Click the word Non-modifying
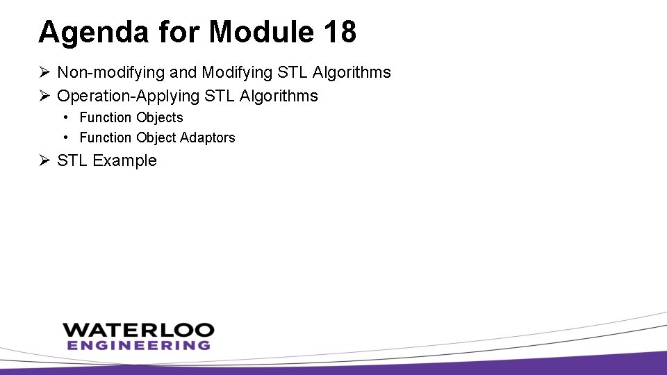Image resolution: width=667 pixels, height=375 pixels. [112, 72]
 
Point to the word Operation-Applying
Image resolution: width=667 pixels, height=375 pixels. [126, 96]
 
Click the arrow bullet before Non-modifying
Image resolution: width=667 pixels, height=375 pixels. [44, 72]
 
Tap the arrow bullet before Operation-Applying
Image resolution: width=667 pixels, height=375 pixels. [44, 96]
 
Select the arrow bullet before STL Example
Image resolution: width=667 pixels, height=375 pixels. [44, 160]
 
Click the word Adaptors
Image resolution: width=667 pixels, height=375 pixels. [207, 137]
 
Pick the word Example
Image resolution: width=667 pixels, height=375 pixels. [125, 160]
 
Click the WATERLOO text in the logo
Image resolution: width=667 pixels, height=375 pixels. [138, 330]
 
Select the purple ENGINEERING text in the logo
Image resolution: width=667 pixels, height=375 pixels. [138, 344]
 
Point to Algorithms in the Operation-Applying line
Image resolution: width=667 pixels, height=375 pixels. [279, 96]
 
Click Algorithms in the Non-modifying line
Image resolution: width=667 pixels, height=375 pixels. [352, 72]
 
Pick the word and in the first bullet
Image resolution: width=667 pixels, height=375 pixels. [183, 72]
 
